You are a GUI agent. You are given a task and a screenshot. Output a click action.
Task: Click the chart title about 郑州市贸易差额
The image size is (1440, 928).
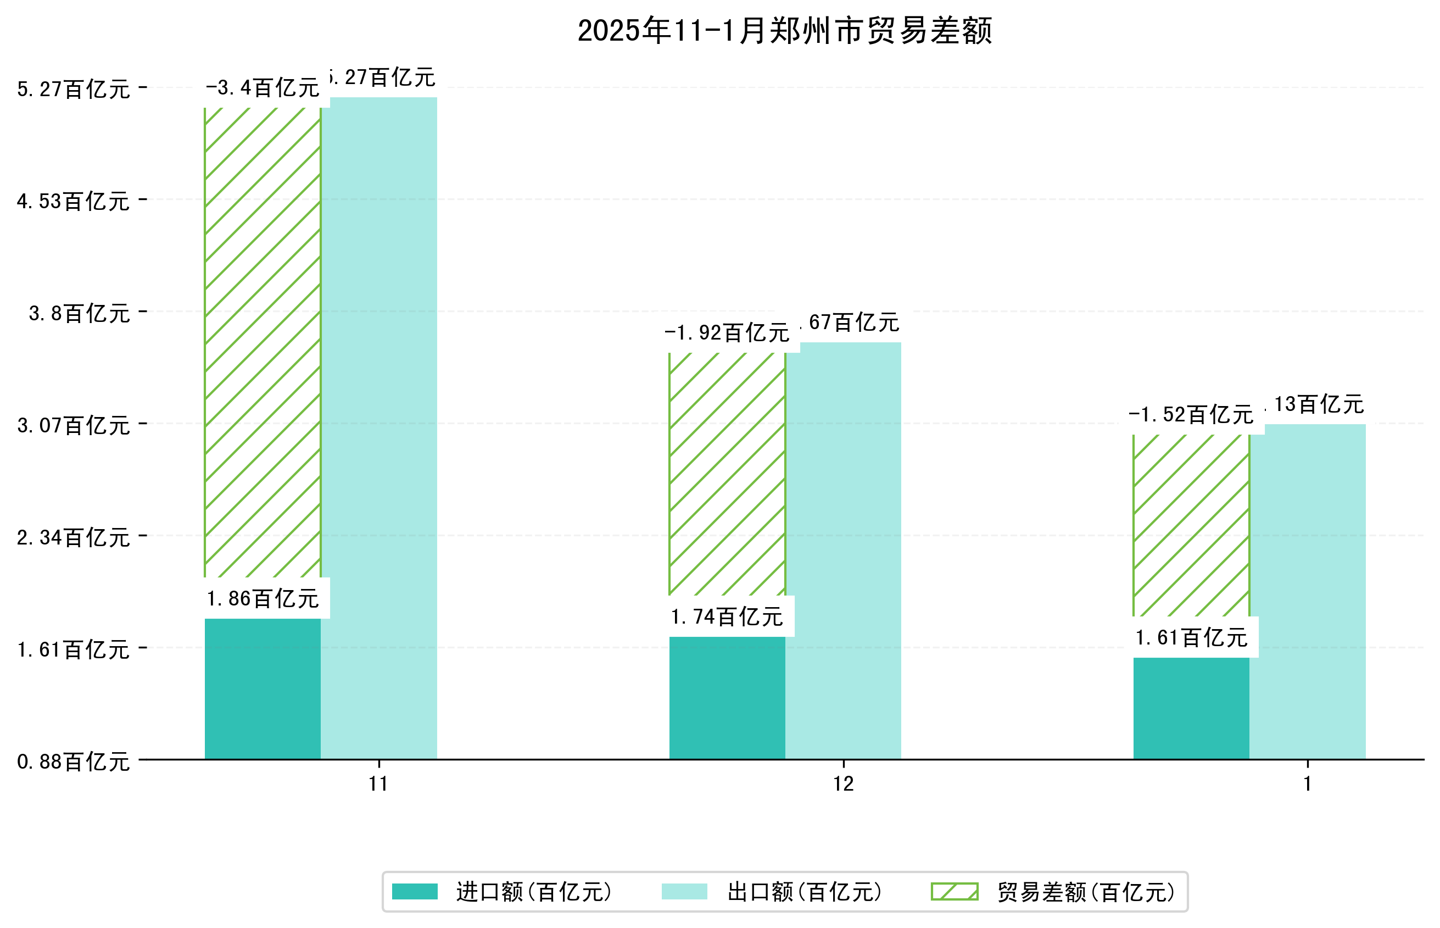[784, 31]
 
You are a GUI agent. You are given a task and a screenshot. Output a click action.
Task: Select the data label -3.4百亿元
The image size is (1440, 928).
[263, 88]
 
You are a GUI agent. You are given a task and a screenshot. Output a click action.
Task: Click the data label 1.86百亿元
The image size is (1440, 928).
[263, 598]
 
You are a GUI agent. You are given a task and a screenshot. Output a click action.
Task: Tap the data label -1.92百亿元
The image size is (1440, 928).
[727, 332]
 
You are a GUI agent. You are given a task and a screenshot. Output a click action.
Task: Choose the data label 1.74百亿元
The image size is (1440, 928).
[727, 616]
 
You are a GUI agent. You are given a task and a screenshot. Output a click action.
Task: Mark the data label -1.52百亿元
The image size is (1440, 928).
[1191, 415]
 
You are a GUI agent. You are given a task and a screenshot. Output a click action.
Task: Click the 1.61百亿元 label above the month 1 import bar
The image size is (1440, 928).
[1191, 637]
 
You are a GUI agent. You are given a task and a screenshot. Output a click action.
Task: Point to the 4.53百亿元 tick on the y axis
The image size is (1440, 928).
[73, 201]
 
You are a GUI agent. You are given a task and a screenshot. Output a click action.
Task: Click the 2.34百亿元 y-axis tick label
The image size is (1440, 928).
[73, 537]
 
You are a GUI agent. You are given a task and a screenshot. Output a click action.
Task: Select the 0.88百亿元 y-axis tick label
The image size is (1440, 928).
[73, 762]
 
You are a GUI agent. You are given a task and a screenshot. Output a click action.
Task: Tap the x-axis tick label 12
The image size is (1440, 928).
[843, 784]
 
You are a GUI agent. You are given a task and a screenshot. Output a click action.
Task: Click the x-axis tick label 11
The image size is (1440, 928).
[378, 784]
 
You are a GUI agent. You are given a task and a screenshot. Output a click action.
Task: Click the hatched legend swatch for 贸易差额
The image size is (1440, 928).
[955, 891]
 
